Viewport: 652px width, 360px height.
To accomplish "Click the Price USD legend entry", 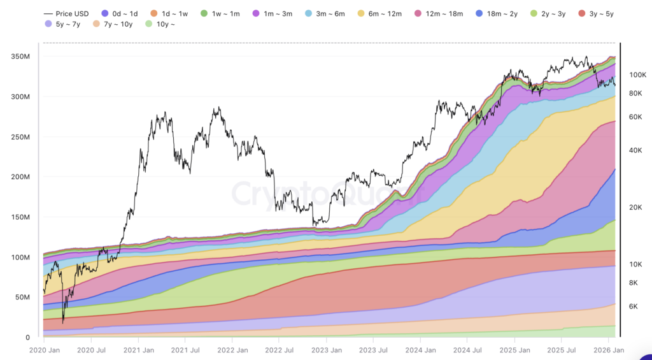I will tap(66, 13).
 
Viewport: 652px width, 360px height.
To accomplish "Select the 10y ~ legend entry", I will tap(162, 24).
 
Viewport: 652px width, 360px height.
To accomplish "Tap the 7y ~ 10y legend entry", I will tap(113, 24).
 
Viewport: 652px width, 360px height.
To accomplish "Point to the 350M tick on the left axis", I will tap(22, 57).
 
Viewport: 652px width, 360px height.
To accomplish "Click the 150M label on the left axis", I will tap(22, 217).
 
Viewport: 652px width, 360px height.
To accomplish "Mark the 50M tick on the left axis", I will tap(24, 298).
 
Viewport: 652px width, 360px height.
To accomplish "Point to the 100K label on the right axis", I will tap(637, 75).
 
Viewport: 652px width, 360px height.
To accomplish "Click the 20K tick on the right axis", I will tap(635, 208).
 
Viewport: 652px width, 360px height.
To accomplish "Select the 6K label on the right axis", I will tap(634, 306).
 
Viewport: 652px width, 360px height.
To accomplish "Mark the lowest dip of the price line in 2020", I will tap(63, 322).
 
